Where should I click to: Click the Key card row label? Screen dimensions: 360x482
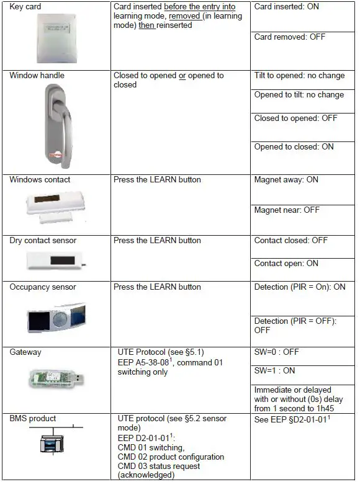click(x=25, y=6)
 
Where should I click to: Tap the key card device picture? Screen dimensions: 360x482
click(x=55, y=38)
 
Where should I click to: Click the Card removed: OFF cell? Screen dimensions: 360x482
click(x=289, y=37)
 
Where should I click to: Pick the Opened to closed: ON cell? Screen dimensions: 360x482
click(x=294, y=147)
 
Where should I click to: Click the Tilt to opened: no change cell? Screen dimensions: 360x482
click(x=299, y=76)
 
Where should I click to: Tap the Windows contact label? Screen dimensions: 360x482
click(x=40, y=180)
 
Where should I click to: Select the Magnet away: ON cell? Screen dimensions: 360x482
click(x=286, y=180)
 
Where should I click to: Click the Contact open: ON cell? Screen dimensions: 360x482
click(x=286, y=264)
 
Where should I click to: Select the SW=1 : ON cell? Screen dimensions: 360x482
click(x=274, y=370)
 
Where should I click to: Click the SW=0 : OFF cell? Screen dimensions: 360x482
click(x=276, y=352)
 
